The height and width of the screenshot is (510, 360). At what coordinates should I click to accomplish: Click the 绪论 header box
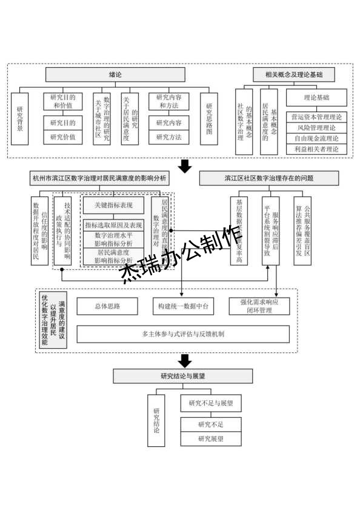click(x=115, y=75)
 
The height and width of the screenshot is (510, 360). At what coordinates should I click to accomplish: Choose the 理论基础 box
click(x=316, y=97)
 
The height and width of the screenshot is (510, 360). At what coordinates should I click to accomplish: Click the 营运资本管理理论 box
click(x=316, y=117)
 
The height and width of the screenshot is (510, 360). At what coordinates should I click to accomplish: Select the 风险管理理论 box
click(x=316, y=127)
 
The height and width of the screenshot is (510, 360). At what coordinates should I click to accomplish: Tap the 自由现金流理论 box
click(x=316, y=138)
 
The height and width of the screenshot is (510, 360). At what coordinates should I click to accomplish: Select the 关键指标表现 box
click(x=113, y=204)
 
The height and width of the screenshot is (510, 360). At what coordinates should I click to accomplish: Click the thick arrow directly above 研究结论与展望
click(x=182, y=361)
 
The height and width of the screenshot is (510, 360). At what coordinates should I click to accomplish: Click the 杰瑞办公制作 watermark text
click(x=182, y=255)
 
